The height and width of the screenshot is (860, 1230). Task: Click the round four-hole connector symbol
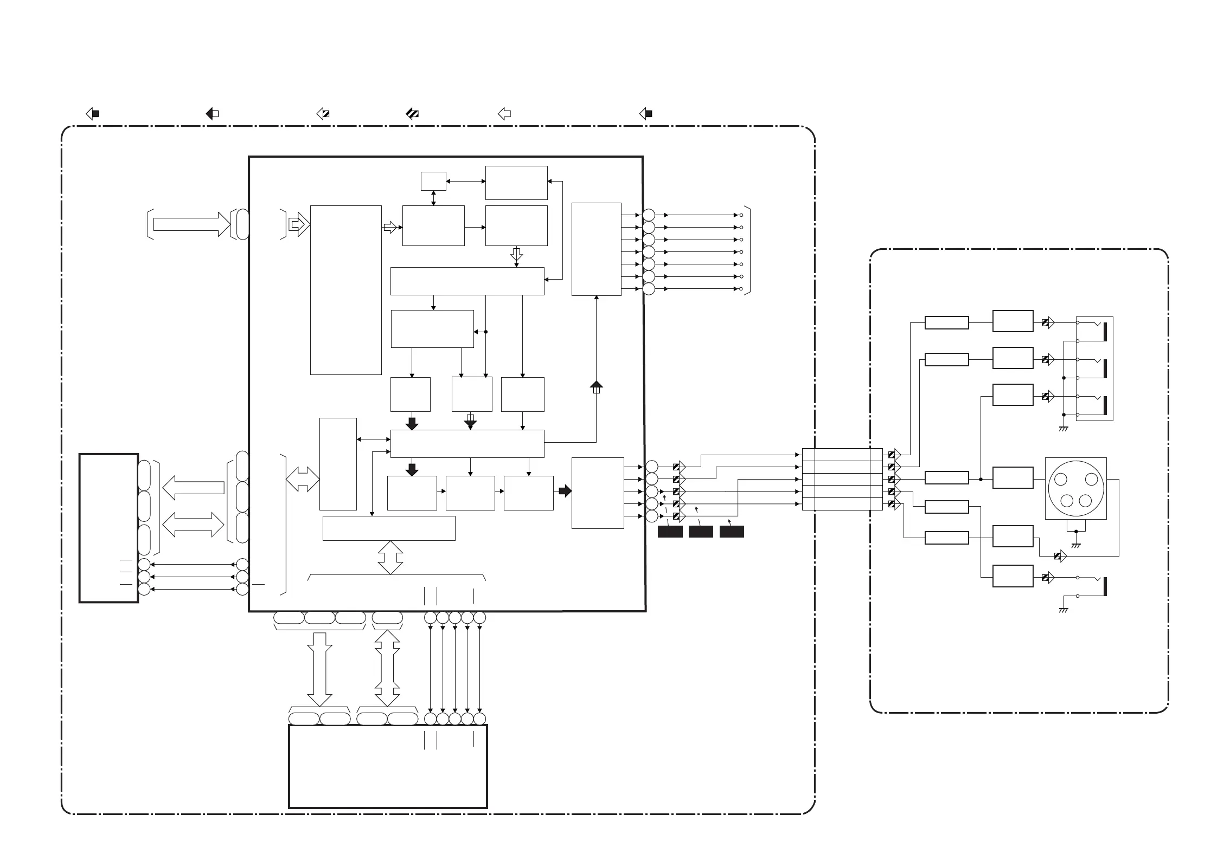coord(1076,489)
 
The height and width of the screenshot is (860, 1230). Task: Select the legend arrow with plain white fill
coord(504,114)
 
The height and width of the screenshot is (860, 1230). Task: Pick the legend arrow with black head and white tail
coord(212,114)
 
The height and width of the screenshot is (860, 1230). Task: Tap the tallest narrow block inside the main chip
coord(345,290)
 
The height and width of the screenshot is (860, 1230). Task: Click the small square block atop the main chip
coord(433,181)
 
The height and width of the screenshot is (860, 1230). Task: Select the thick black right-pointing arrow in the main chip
coord(565,491)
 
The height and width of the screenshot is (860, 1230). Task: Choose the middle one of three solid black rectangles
coord(700,532)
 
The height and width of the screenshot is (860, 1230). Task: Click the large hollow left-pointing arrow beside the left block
coord(193,488)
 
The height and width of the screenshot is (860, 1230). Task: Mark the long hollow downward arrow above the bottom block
coord(319,669)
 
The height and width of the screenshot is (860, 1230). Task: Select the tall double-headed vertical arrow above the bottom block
coord(387,668)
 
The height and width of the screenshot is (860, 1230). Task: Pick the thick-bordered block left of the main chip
coord(108,528)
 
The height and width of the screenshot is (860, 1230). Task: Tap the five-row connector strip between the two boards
coord(842,479)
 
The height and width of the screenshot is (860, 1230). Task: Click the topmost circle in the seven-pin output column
coord(649,215)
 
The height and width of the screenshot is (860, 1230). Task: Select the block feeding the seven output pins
coord(596,249)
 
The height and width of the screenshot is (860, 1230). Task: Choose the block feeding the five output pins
coord(597,493)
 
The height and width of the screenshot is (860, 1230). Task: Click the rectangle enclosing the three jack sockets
coord(1094,368)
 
